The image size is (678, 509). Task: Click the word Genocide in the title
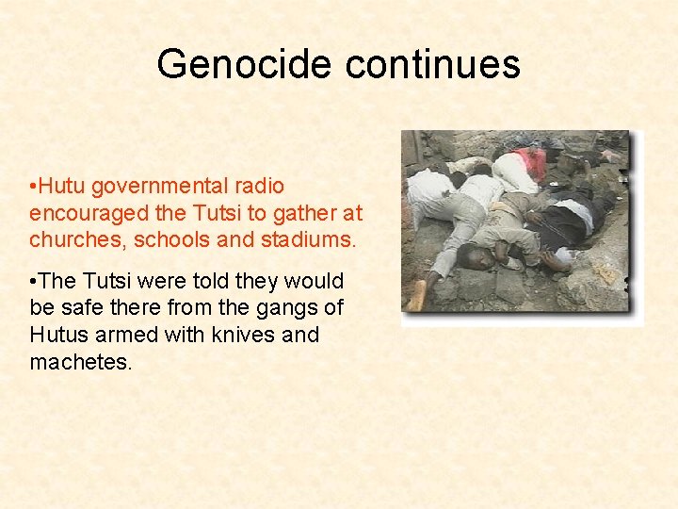(245, 64)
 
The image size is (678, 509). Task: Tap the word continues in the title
(432, 64)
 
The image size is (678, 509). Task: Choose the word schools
(170, 239)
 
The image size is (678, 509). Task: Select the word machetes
(80, 361)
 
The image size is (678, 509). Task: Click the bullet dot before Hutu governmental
(33, 187)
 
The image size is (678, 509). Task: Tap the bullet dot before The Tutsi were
(33, 281)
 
